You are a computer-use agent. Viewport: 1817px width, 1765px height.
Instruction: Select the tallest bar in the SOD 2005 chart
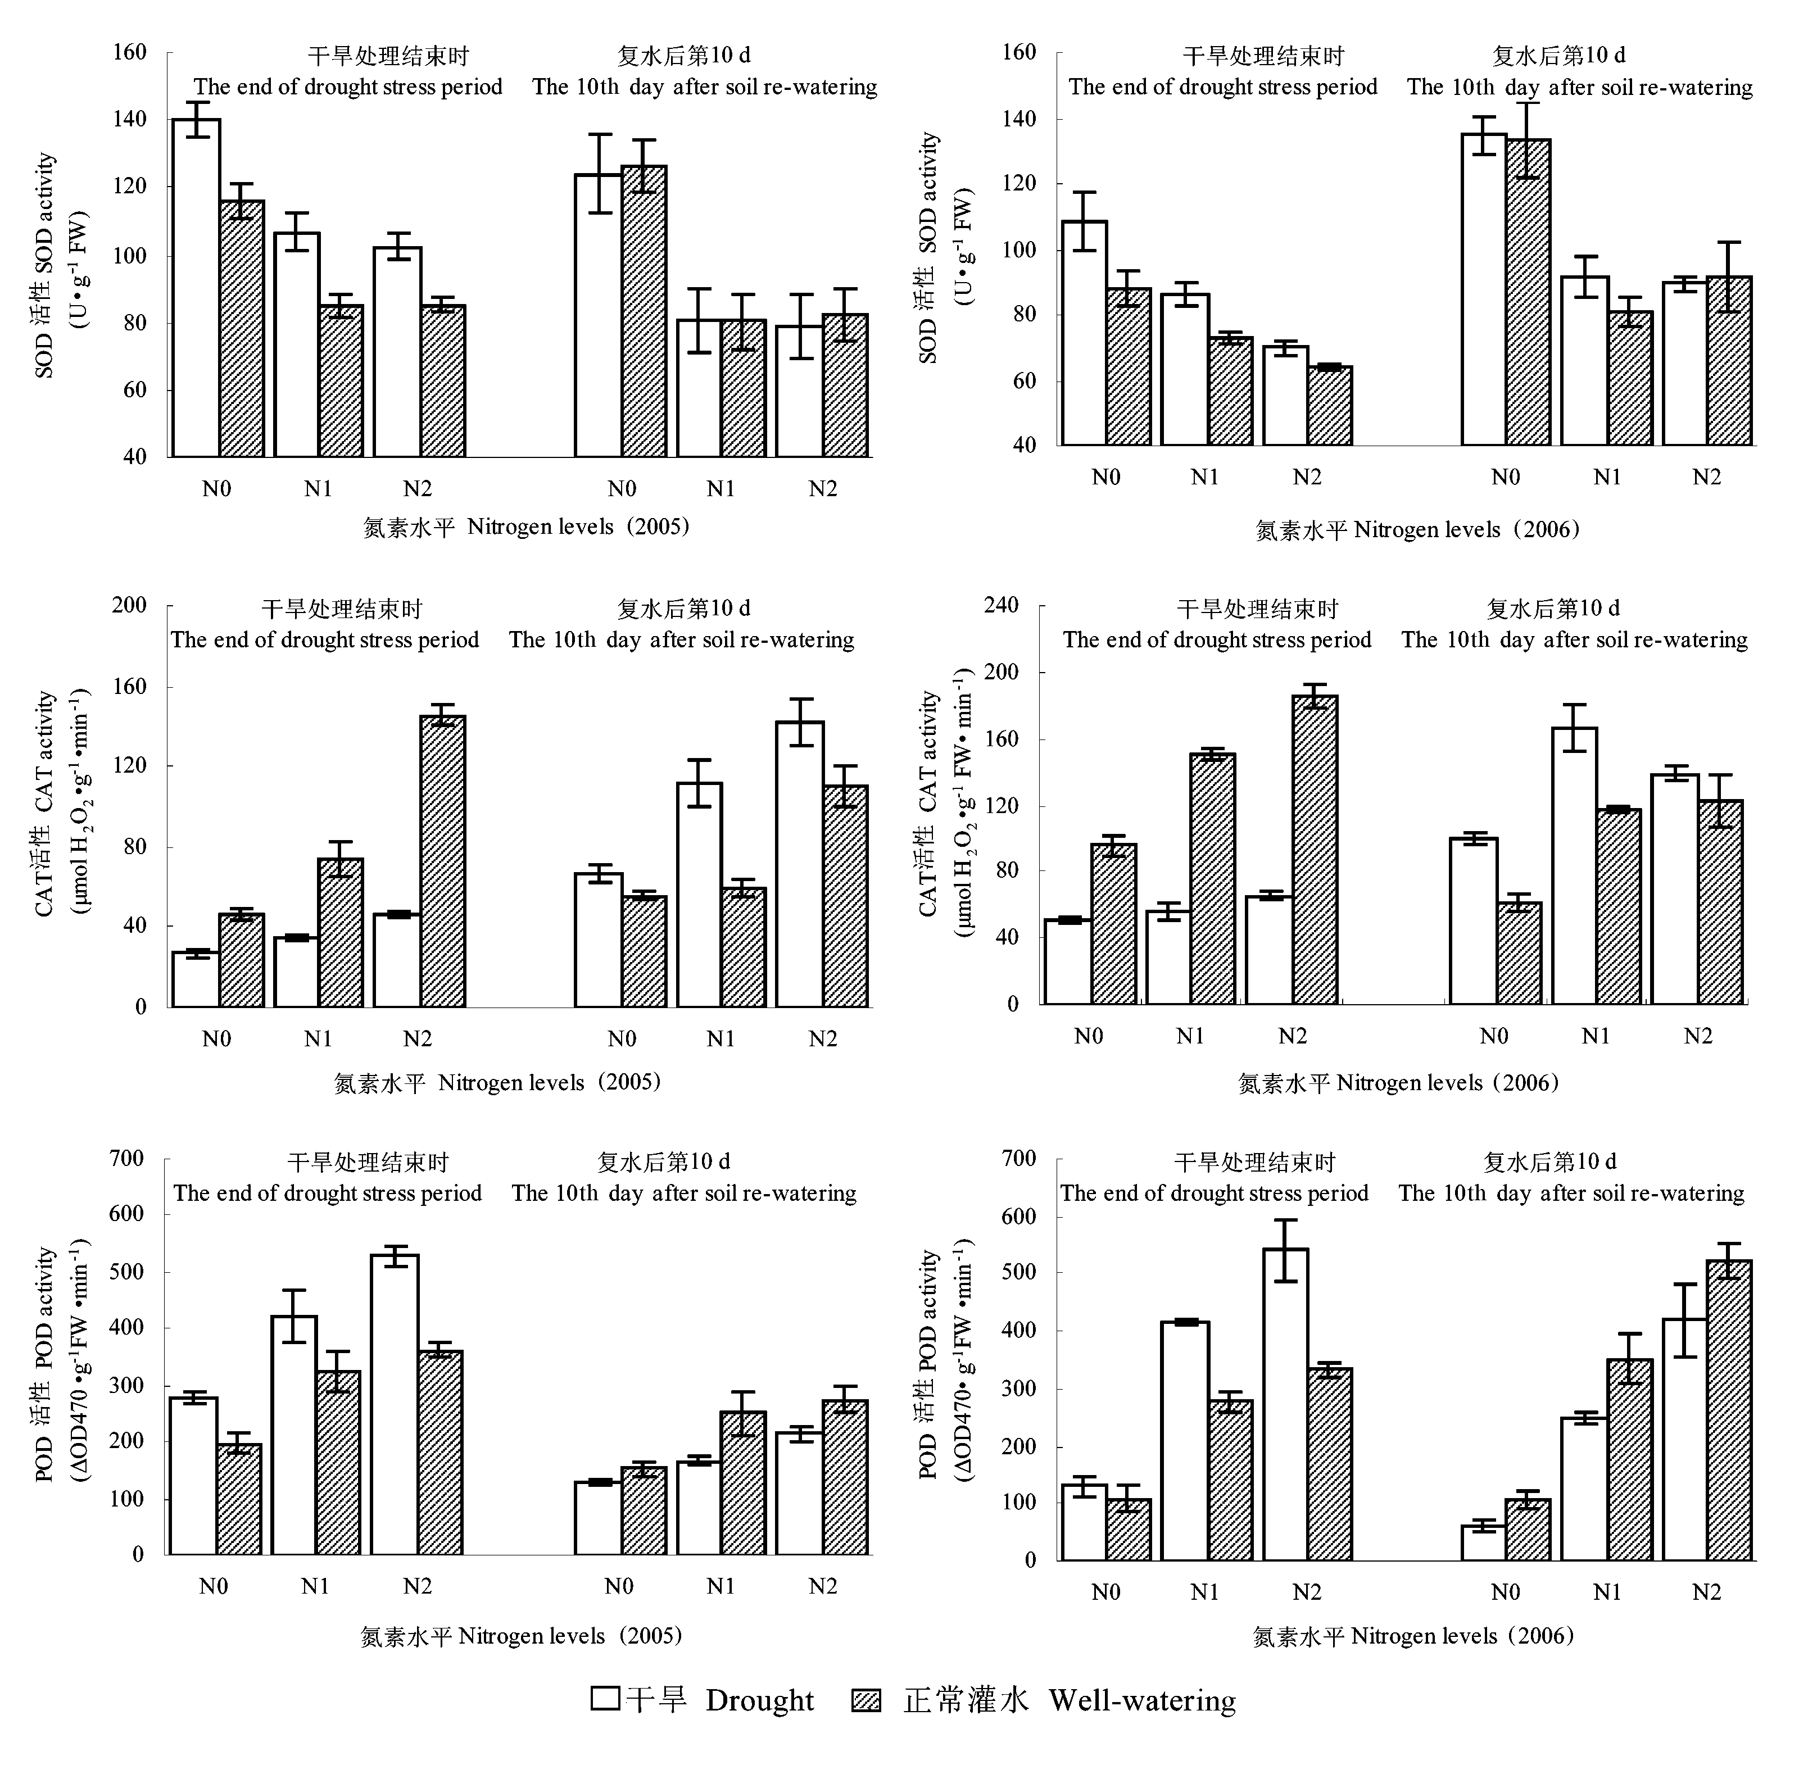pyautogui.click(x=196, y=287)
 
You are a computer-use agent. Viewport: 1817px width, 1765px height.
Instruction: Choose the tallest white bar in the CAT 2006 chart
pyautogui.click(x=1574, y=866)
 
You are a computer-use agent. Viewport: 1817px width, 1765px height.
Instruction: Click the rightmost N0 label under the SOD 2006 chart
pyautogui.click(x=1506, y=478)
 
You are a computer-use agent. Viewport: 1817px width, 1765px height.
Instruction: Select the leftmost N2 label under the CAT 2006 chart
pyautogui.click(x=1292, y=1036)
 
